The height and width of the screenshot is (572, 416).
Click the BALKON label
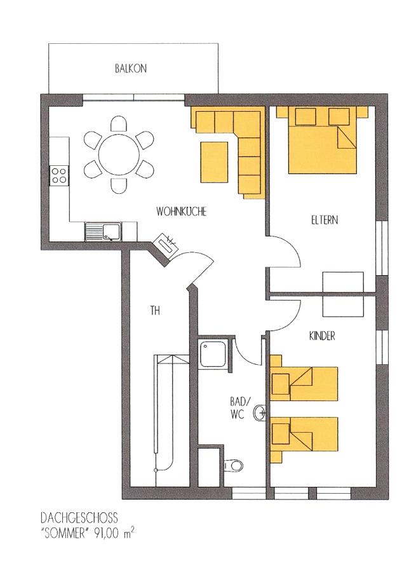coord(131,69)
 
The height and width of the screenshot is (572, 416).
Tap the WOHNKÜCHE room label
coord(181,212)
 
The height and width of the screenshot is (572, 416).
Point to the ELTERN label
coord(325,220)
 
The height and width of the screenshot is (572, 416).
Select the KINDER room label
coord(322,336)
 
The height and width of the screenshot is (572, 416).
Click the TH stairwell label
coord(155,310)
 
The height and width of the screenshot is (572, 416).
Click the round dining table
coord(119,154)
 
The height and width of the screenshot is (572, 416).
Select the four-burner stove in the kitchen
coord(58,175)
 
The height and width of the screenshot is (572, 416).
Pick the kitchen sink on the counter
coord(103,233)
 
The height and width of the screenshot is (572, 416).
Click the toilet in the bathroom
coord(233,465)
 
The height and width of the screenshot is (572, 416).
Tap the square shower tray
coord(213,354)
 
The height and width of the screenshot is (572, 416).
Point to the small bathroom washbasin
coord(260,413)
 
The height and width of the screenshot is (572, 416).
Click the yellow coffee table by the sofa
coord(214,162)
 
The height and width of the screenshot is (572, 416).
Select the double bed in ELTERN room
coord(322,140)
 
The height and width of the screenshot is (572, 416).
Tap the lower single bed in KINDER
coord(304,435)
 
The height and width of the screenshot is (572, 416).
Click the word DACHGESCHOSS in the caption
coord(79,517)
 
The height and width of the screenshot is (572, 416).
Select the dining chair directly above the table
coord(119,123)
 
